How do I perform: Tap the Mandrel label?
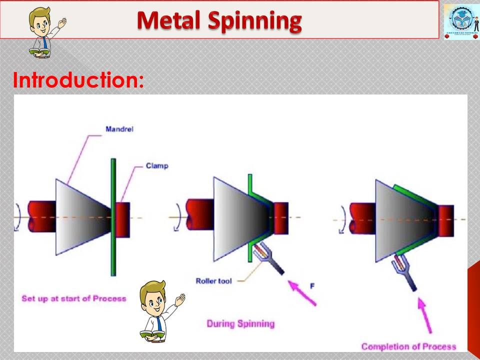coord(119,129)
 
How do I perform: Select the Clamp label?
coord(157,165)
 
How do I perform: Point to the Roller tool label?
coord(213,281)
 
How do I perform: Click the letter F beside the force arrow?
coord(312,286)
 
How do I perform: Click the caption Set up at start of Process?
coord(73,298)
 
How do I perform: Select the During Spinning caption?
coord(240,323)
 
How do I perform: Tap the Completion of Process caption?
coord(408,346)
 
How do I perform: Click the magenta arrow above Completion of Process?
coord(425,315)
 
